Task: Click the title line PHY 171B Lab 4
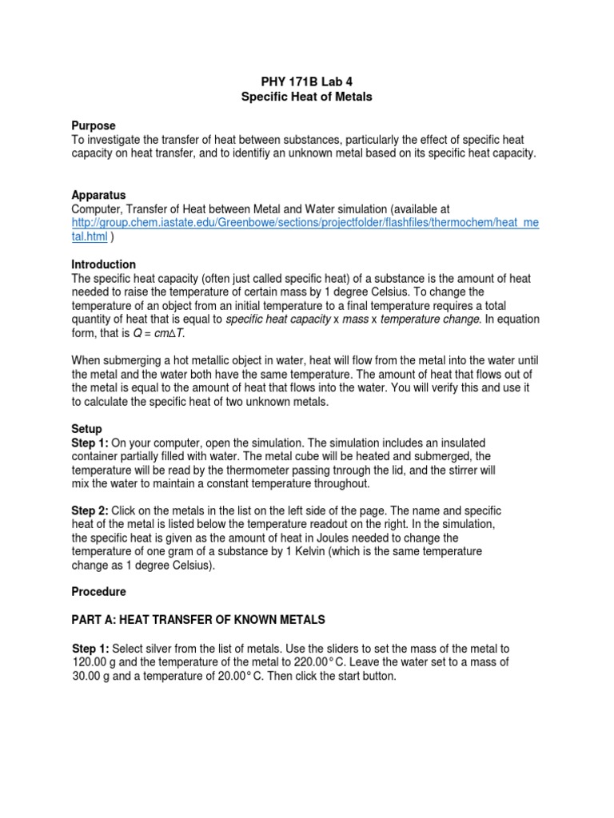307,82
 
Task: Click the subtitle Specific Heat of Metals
307,97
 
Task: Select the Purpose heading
94,125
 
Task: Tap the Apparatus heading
98,195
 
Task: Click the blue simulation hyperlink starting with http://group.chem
305,223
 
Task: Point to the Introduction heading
104,264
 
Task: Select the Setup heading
86,429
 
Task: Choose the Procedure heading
98,593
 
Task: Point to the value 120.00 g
97,662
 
